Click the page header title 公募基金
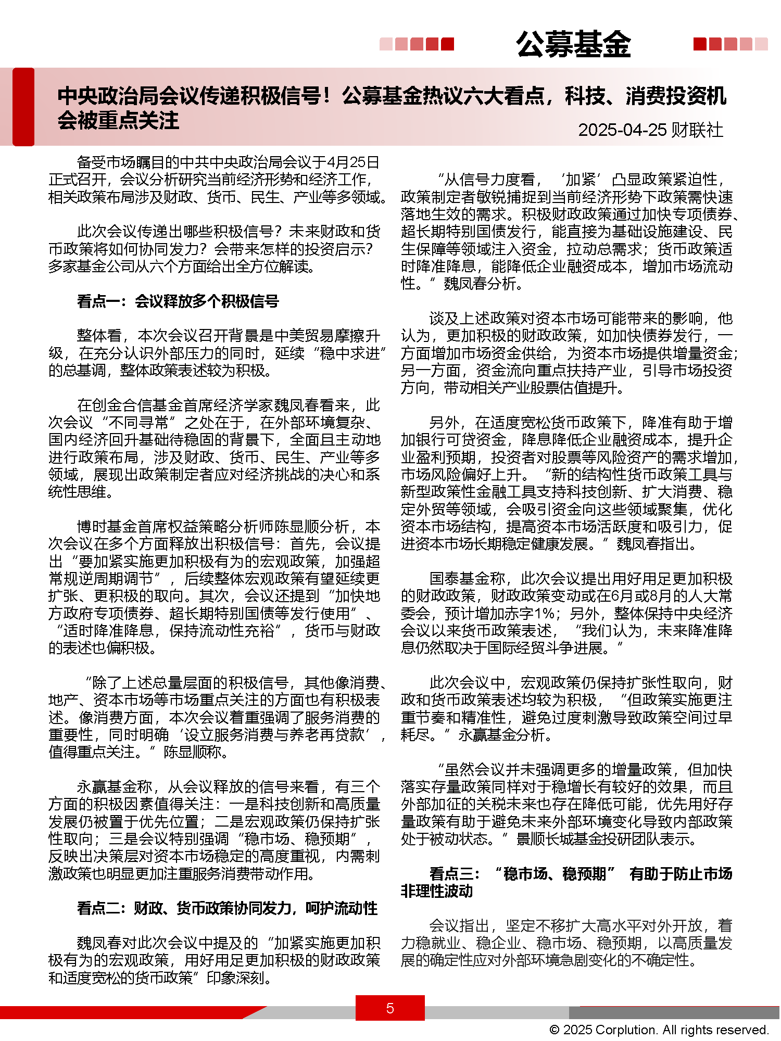coord(573,44)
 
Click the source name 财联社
coord(697,130)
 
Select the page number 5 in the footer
coord(390,1008)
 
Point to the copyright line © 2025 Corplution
coord(659,1030)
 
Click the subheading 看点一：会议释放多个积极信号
coord(178,301)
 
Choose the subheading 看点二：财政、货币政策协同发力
coord(227,908)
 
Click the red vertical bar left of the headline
coord(23,107)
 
